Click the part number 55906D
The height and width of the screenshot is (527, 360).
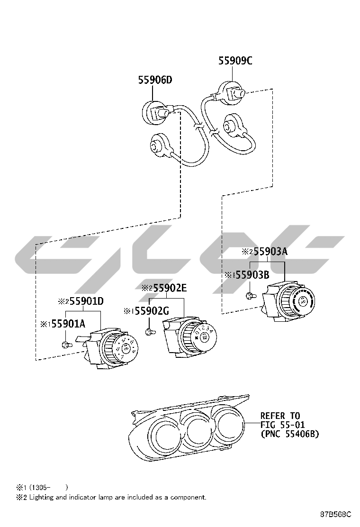coord(155,80)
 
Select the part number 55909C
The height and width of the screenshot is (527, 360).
coord(235,61)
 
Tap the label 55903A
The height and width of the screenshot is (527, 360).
coord(268,252)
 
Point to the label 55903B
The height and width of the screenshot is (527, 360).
coord(252,275)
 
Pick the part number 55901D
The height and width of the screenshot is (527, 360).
coord(86,301)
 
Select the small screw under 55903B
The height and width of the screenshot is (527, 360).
coord(250,297)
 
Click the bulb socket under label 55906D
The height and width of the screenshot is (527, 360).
coord(154,113)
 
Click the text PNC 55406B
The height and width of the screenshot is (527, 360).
coord(289,434)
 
